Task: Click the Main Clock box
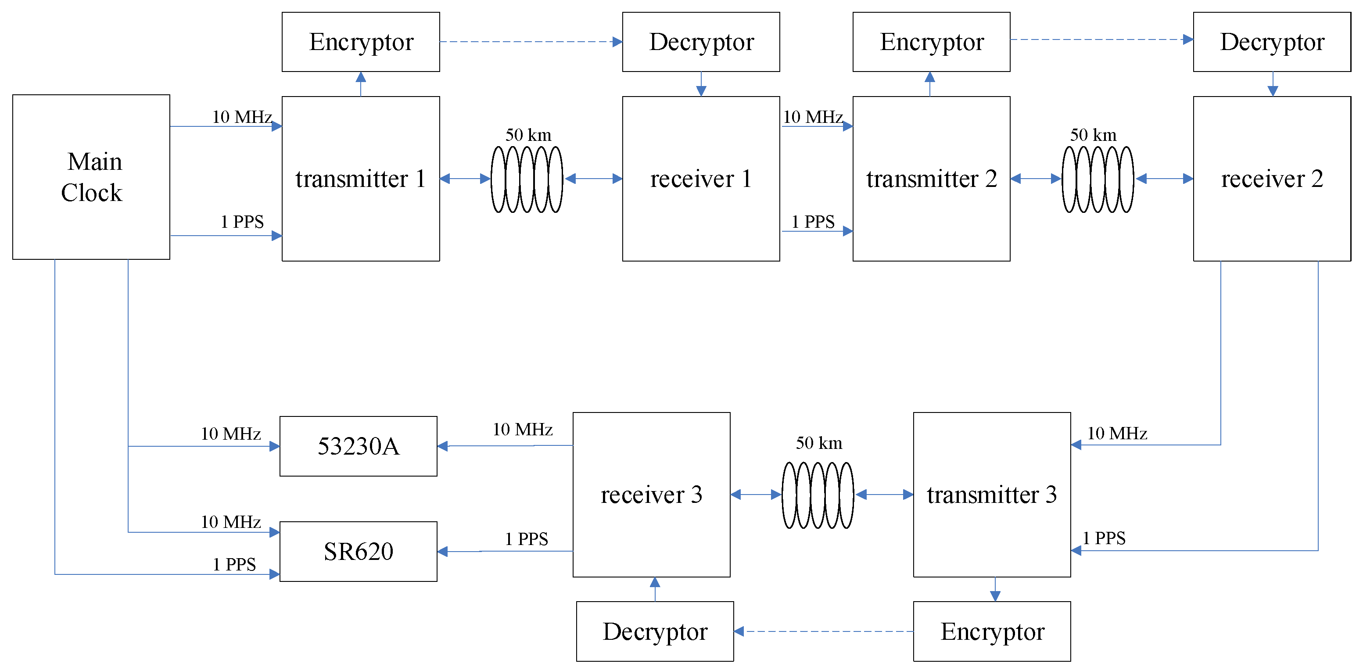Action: point(91,177)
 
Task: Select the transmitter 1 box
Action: point(360,178)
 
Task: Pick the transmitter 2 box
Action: point(931,178)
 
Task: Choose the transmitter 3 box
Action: point(992,494)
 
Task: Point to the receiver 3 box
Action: point(651,494)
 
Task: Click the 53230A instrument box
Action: point(358,446)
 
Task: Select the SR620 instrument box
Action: point(358,551)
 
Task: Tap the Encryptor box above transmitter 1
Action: point(360,42)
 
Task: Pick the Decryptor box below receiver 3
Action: point(655,631)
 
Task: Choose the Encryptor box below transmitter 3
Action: point(992,631)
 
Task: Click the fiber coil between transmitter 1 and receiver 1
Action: point(527,179)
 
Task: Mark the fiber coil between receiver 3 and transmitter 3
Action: point(818,495)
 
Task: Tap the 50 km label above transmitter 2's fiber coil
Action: point(1093,135)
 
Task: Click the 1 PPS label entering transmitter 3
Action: point(1104,538)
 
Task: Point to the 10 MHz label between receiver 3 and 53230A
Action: point(522,429)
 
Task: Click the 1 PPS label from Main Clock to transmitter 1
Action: point(242,221)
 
